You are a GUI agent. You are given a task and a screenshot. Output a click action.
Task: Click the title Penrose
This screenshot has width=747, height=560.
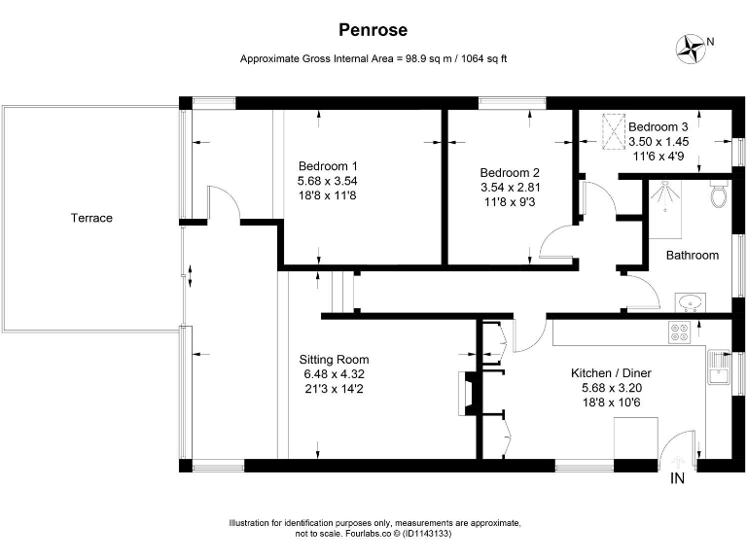click(x=373, y=30)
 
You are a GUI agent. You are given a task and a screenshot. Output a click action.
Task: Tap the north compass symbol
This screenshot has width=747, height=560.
click(x=694, y=47)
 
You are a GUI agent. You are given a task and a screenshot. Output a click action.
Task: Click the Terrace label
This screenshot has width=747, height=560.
click(x=91, y=218)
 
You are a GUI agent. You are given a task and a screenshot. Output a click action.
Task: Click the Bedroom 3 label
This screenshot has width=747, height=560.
click(x=658, y=127)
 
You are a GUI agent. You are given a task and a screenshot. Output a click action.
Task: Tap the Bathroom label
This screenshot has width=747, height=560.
click(x=692, y=256)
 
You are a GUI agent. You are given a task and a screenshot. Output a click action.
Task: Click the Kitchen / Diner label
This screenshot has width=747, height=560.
click(x=610, y=371)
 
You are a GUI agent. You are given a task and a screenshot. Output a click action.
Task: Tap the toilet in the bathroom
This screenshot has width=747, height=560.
click(x=720, y=195)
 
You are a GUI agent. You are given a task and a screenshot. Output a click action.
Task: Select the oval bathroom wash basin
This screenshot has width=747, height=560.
click(x=693, y=302)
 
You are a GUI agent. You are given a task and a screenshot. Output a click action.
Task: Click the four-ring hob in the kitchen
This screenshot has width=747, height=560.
click(x=679, y=331)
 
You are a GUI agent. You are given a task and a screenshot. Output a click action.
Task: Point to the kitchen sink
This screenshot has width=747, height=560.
click(x=720, y=367)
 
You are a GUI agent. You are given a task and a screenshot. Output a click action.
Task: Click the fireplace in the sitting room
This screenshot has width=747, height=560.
click(x=467, y=392)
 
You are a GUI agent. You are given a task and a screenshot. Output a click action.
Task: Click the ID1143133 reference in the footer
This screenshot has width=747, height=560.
click(x=421, y=534)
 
